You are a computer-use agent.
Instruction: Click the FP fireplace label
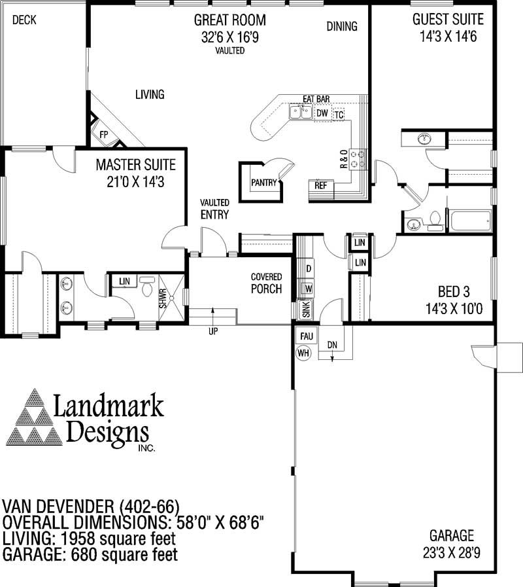click(104, 134)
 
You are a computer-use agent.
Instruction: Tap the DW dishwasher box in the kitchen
click(322, 114)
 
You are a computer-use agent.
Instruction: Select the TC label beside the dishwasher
click(339, 115)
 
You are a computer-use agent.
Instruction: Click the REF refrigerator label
click(320, 185)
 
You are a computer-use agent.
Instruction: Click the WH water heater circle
click(303, 353)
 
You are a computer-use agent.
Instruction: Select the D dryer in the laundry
click(309, 268)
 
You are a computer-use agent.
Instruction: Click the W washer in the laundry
click(308, 288)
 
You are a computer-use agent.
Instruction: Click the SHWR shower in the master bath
click(163, 298)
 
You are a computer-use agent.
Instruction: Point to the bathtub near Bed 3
click(470, 221)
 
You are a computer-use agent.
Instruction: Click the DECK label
click(24, 20)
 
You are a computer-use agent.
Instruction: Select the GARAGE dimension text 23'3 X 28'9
click(451, 552)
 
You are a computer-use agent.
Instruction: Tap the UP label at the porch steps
click(213, 331)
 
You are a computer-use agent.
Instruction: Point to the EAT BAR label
click(316, 99)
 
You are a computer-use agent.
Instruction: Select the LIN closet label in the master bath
click(124, 281)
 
